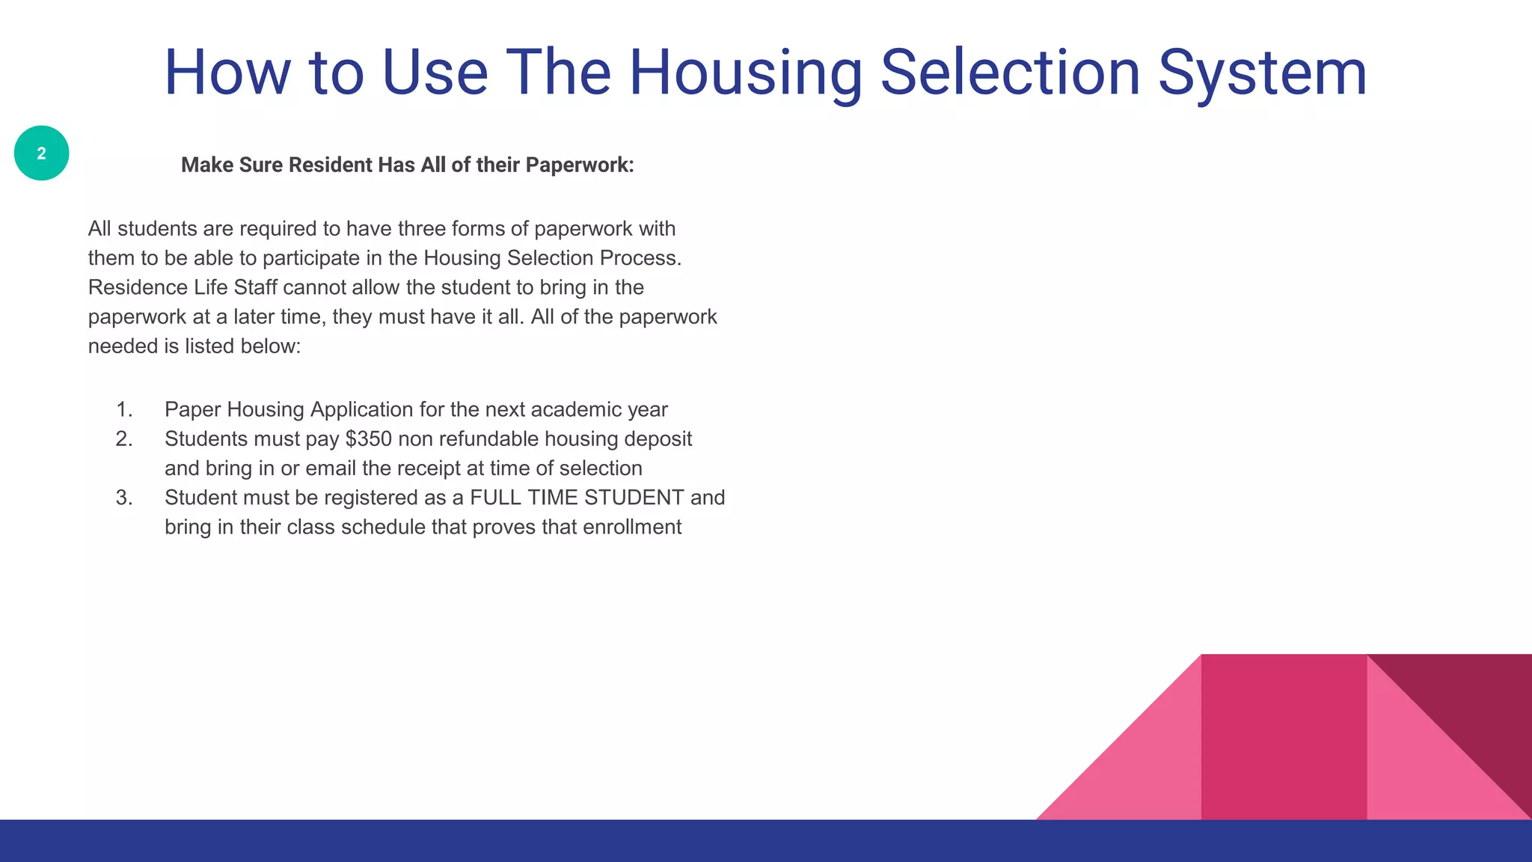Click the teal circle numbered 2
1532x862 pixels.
pyautogui.click(x=41, y=153)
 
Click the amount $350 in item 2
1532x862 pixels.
pyautogui.click(x=368, y=439)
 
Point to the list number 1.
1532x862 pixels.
pyautogui.click(x=123, y=410)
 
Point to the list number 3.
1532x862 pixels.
pyautogui.click(x=123, y=498)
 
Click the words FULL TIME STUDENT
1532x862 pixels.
pyautogui.click(x=577, y=498)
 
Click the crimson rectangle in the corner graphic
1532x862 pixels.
pyautogui.click(x=1284, y=737)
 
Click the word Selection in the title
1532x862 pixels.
pyautogui.click(x=1010, y=73)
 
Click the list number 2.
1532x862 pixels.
pyautogui.click(x=123, y=439)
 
